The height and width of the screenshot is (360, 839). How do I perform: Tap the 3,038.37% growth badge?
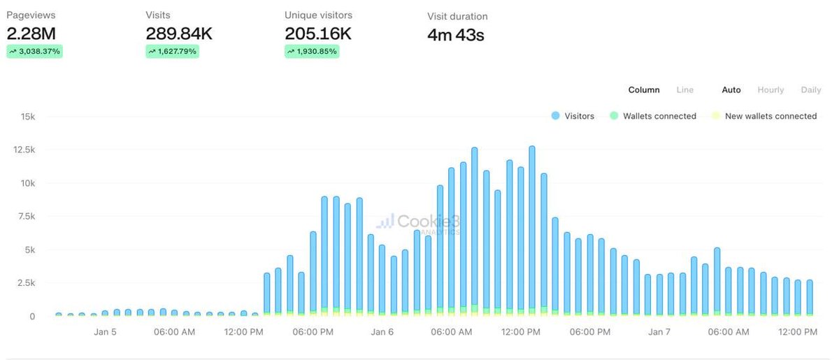[35, 51]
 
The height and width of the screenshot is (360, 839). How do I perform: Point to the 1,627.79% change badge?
[172, 51]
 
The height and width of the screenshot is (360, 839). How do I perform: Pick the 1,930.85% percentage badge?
[312, 51]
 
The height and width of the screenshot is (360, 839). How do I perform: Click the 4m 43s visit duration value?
[455, 35]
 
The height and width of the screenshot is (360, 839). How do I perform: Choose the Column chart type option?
[643, 89]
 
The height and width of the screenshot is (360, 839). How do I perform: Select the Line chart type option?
[684, 89]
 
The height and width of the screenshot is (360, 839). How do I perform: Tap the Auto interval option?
[731, 89]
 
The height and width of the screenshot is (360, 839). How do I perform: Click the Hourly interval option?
[770, 89]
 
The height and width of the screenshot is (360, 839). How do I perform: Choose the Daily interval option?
[810, 89]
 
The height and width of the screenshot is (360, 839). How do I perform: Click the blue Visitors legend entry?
[573, 116]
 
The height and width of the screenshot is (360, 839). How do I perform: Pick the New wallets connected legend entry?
[763, 116]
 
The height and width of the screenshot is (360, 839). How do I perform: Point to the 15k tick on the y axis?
[27, 117]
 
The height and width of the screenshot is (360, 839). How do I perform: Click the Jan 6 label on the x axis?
[382, 332]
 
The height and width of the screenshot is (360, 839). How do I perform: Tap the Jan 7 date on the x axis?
[659, 332]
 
